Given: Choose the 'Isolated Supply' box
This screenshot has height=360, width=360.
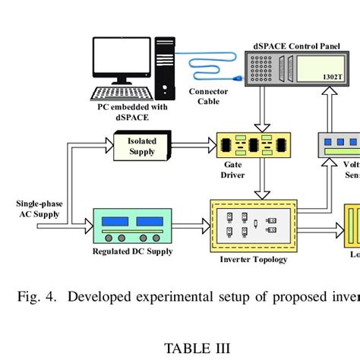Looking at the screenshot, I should point(142,146).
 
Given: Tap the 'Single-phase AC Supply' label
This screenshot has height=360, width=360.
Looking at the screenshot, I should point(38,209).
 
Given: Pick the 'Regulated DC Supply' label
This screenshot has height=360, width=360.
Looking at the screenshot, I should point(132,251).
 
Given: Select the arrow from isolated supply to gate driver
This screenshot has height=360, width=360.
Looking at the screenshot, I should point(194,141).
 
